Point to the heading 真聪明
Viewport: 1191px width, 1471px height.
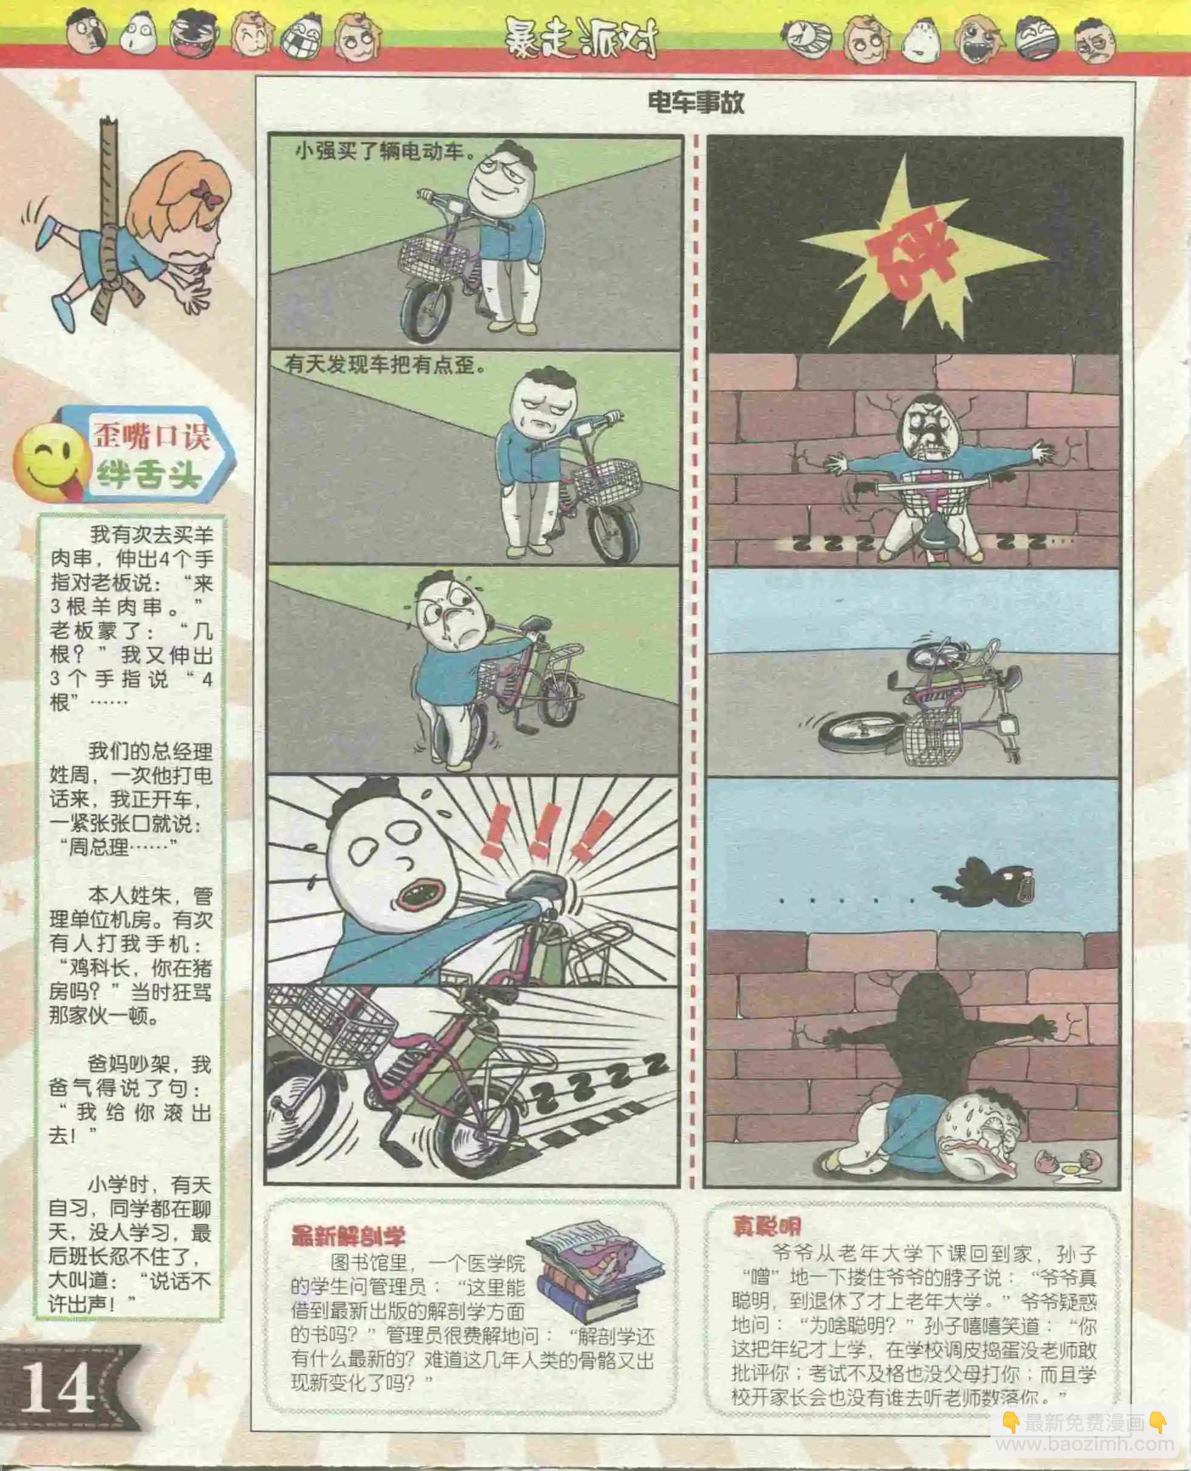pyautogui.click(x=766, y=1226)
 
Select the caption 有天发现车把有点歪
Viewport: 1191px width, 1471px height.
pyautogui.click(x=386, y=365)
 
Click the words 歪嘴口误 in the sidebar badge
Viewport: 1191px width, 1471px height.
pyautogui.click(x=151, y=435)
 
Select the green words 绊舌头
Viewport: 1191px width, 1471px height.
pyautogui.click(x=148, y=473)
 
